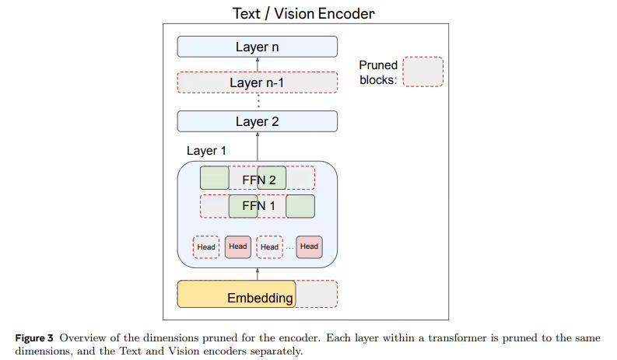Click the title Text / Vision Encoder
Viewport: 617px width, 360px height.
(303, 13)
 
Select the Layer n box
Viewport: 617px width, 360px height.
(257, 47)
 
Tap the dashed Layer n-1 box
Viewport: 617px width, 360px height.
(257, 82)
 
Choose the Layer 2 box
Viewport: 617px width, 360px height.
(257, 121)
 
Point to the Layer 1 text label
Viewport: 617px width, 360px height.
(206, 150)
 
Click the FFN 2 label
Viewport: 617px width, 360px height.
(258, 180)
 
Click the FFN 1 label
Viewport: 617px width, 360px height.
(258, 206)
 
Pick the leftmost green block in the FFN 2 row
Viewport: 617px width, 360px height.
(215, 178)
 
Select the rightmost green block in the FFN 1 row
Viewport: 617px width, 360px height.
(300, 206)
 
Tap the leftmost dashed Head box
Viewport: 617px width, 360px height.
(206, 247)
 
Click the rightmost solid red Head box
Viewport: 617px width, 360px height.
(309, 246)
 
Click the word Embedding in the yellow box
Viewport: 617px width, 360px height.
(260, 298)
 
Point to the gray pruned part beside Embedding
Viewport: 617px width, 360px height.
(316, 294)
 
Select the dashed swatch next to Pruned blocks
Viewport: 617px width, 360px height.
(423, 72)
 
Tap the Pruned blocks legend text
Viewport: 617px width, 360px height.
(378, 72)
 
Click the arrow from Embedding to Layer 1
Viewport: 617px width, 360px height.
(258, 273)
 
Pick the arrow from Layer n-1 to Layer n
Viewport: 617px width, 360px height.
(258, 65)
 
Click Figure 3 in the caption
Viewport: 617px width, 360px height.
(34, 338)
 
